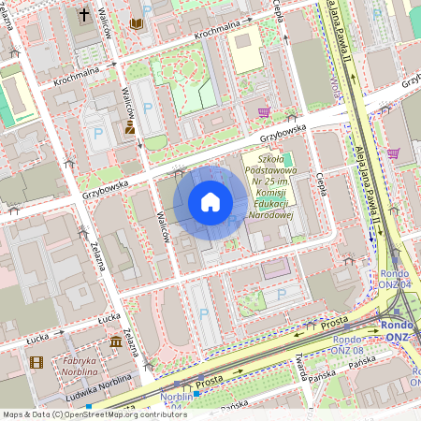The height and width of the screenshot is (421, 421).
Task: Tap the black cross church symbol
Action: tap(83, 15)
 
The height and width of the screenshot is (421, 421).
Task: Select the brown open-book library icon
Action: tap(138, 22)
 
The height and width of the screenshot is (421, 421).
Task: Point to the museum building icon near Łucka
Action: tap(116, 342)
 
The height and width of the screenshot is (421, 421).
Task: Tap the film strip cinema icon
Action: tap(36, 363)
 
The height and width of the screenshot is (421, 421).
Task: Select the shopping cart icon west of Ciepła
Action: tap(265, 112)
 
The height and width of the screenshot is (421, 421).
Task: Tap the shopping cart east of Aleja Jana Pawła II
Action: tap(393, 153)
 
